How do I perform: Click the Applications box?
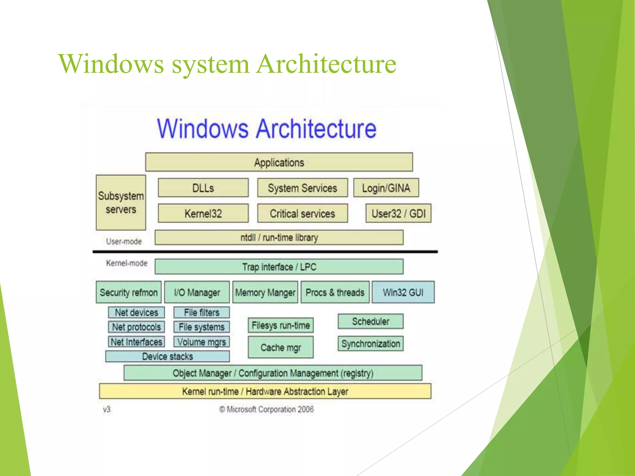(x=279, y=162)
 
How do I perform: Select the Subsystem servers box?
(x=121, y=203)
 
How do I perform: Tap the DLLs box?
(x=203, y=188)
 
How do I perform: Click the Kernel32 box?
(x=203, y=213)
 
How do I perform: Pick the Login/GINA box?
(x=386, y=188)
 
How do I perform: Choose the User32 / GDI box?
(x=398, y=213)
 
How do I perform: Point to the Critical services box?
(x=302, y=213)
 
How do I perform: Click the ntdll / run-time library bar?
(x=279, y=237)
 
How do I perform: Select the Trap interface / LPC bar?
(x=279, y=267)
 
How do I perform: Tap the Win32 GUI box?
(x=403, y=292)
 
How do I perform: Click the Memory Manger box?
(x=265, y=292)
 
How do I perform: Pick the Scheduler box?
(x=371, y=321)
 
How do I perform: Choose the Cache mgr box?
(x=281, y=347)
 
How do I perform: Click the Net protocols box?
(x=136, y=327)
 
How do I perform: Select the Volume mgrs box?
(x=202, y=342)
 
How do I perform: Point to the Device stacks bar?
(x=167, y=356)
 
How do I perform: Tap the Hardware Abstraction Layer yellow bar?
(x=265, y=391)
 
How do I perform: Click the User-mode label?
(x=124, y=241)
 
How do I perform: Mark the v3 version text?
(x=107, y=409)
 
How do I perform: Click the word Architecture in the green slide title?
(x=326, y=64)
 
